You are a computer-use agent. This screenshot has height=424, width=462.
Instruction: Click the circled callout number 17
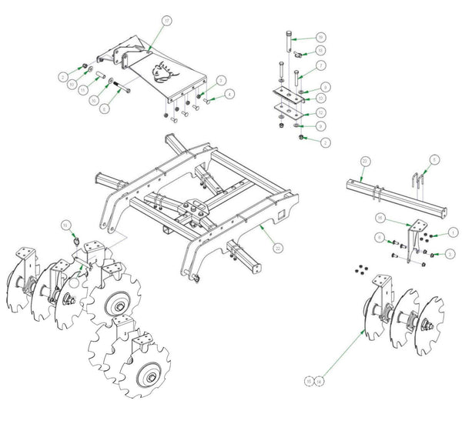coord(166,19)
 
